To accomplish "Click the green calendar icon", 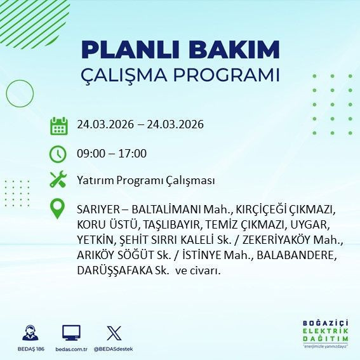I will (58, 125).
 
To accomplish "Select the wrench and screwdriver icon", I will (58, 180).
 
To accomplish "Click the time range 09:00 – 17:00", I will (111, 154).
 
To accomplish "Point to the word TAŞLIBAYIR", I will (171, 225).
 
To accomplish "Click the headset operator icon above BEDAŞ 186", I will (29, 333).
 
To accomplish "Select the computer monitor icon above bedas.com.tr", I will (70, 333).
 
